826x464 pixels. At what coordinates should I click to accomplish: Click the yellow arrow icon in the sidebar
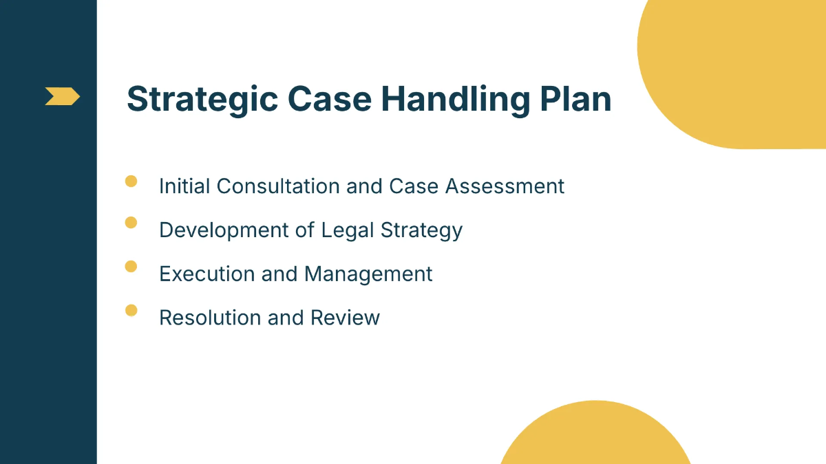[x=62, y=96]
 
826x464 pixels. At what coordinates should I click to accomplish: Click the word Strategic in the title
[x=202, y=98]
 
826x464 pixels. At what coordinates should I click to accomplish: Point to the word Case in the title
[x=327, y=98]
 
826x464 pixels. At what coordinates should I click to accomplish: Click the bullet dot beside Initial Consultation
[x=131, y=181]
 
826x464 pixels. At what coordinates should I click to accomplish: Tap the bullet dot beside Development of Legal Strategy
[x=131, y=222]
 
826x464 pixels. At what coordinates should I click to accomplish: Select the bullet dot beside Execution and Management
[x=131, y=266]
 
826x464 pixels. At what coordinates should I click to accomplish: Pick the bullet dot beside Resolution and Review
[x=131, y=310]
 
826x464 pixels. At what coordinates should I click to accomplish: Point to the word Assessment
[x=505, y=186]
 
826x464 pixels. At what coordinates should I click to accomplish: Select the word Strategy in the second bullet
[x=422, y=231]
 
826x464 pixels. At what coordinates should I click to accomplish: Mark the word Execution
[x=206, y=274]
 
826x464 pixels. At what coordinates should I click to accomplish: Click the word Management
[x=368, y=274]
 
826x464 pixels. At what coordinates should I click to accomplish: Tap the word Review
[x=345, y=318]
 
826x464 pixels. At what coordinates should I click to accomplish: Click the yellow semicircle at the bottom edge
[x=595, y=437]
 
